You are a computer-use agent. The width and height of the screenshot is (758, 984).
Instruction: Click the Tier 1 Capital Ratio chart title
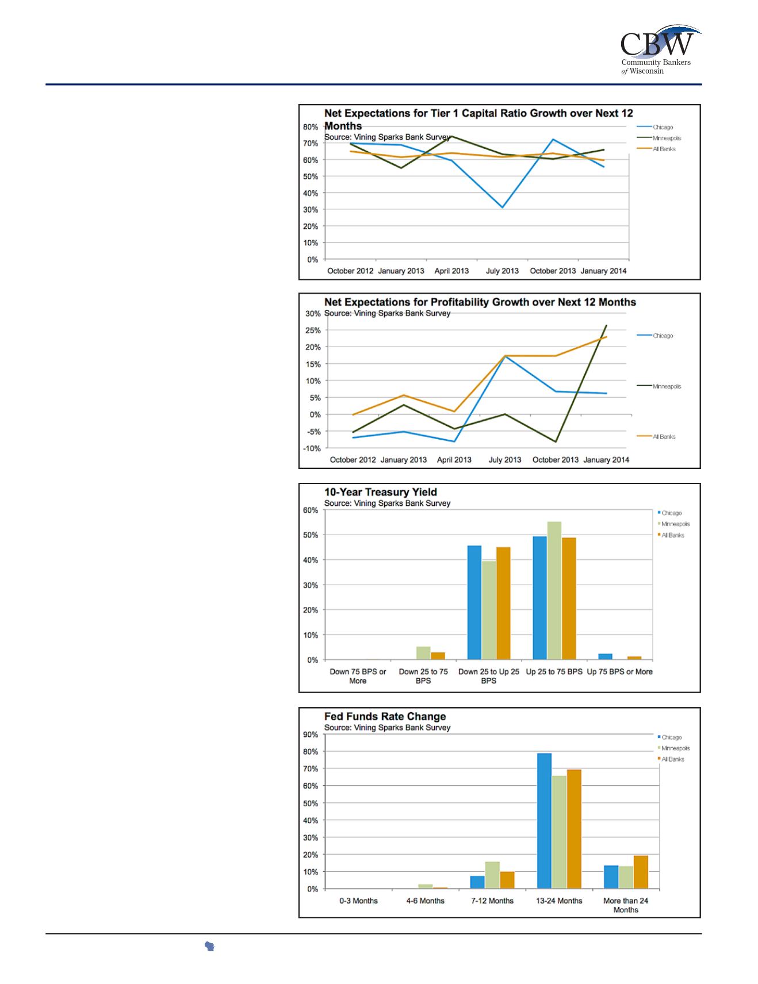pyautogui.click(x=478, y=119)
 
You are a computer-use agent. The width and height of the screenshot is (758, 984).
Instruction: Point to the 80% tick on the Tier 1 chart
pyautogui.click(x=311, y=127)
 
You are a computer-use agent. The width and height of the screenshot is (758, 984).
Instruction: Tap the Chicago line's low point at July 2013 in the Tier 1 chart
pyautogui.click(x=502, y=207)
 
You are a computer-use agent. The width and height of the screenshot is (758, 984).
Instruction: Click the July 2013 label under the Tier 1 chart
pyautogui.click(x=502, y=271)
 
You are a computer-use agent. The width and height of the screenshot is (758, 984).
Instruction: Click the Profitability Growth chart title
pyautogui.click(x=480, y=302)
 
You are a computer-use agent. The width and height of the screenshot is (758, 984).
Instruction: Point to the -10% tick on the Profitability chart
pyautogui.click(x=312, y=448)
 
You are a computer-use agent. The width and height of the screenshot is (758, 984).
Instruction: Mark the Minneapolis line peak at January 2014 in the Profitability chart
pyautogui.click(x=606, y=326)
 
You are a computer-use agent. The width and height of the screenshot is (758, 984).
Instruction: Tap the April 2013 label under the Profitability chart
pyautogui.click(x=454, y=460)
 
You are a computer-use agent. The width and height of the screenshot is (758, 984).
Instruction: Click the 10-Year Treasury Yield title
pyautogui.click(x=380, y=492)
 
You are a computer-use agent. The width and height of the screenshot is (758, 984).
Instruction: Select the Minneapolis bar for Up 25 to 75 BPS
pyautogui.click(x=554, y=590)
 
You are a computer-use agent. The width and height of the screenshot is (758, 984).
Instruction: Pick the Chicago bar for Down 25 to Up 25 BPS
pyautogui.click(x=474, y=602)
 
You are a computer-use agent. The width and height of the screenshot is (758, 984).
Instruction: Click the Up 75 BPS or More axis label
pyautogui.click(x=619, y=671)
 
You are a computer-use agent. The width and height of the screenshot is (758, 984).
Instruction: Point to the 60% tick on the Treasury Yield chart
pyautogui.click(x=311, y=510)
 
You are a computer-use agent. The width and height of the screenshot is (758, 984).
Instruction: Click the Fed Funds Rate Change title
pyautogui.click(x=385, y=716)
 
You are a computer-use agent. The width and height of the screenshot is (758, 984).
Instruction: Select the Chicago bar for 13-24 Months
pyautogui.click(x=544, y=821)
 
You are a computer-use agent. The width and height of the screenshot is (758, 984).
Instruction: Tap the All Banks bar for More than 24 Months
pyautogui.click(x=640, y=872)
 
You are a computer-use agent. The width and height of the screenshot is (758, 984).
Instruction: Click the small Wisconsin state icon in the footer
pyautogui.click(x=209, y=947)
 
